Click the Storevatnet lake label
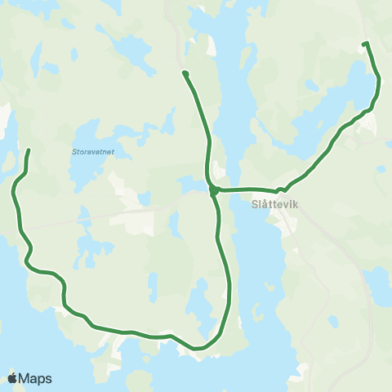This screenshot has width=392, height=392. (x=86, y=150)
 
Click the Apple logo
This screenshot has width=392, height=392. (x=12, y=378)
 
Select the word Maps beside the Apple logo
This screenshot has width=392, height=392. (x=36, y=378)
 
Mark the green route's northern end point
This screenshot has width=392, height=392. (x=185, y=73)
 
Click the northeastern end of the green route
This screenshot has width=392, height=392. (x=365, y=43)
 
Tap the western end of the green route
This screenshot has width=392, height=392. (x=29, y=150)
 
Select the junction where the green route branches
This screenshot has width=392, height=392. (x=212, y=191)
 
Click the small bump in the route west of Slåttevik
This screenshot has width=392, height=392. (x=279, y=189)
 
